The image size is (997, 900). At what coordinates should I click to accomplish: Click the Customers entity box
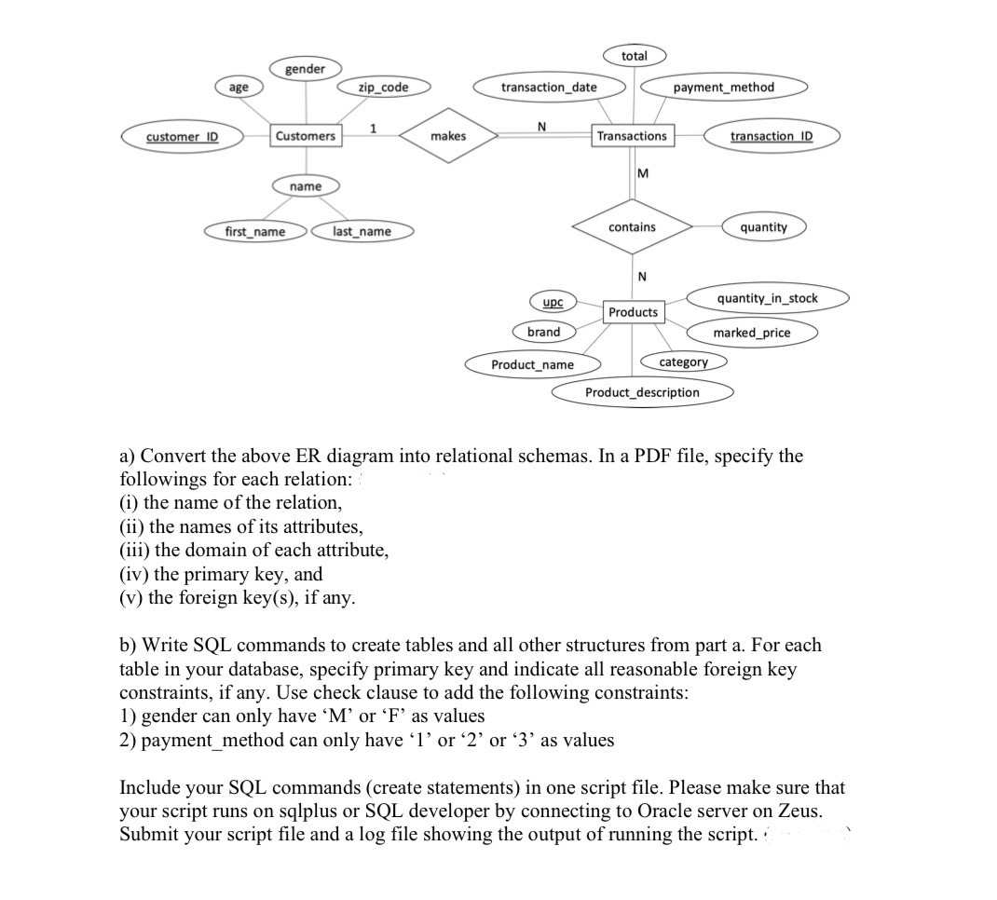tap(306, 136)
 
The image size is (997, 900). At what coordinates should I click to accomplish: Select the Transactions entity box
tap(632, 136)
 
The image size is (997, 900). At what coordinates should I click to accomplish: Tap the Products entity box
tap(633, 312)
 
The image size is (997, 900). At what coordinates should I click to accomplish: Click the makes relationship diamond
tap(448, 136)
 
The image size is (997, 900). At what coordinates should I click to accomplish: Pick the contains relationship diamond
tap(632, 227)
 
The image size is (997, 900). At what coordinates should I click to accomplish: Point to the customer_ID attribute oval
tap(182, 136)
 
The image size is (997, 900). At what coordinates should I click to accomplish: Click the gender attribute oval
tap(305, 69)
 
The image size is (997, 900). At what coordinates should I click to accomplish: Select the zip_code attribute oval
tap(384, 88)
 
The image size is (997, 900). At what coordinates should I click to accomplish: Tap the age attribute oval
tap(239, 88)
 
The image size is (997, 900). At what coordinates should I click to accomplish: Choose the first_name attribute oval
tap(255, 231)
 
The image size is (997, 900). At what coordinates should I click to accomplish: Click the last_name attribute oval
tap(362, 231)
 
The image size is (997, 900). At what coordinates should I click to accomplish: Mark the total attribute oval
tap(634, 56)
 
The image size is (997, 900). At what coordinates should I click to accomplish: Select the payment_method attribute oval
tap(723, 88)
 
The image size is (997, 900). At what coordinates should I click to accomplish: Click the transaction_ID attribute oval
tap(772, 136)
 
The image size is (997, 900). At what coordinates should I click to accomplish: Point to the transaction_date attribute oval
tap(549, 88)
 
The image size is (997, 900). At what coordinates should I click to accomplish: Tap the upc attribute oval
tap(553, 303)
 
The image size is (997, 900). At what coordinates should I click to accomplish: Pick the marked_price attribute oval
tap(751, 333)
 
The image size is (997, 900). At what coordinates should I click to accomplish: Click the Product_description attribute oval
tap(642, 392)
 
